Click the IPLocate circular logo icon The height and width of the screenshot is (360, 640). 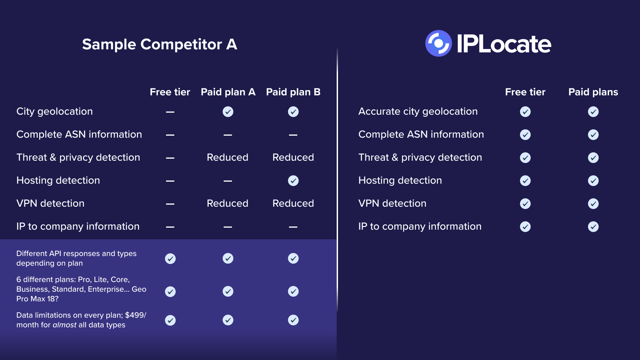[x=439, y=43]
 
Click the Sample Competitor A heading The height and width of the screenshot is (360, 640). [x=160, y=44]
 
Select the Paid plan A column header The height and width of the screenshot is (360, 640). [x=228, y=92]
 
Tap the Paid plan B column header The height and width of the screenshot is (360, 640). [x=293, y=92]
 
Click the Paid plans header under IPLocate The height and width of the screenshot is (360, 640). [x=593, y=92]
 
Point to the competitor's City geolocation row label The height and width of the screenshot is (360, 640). [x=55, y=112]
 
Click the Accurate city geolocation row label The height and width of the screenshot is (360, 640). [x=418, y=112]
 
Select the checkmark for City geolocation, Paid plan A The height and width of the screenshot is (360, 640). [x=228, y=112]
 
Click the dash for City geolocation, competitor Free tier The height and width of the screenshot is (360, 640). [x=170, y=112]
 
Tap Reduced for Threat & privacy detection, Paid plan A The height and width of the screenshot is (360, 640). [x=228, y=157]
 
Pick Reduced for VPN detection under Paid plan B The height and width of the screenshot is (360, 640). [x=293, y=203]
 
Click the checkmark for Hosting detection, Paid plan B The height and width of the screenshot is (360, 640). [x=293, y=181]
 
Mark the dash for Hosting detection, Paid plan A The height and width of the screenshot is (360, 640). [x=228, y=181]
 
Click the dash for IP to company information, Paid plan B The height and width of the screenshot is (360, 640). [x=293, y=227]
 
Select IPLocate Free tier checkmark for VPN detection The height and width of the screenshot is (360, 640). [x=525, y=204]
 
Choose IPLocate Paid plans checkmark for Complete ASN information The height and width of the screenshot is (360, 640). [x=593, y=135]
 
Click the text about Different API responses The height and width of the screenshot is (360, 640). [x=76, y=258]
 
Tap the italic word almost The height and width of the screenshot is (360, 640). [x=65, y=325]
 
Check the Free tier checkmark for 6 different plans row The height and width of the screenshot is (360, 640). [x=170, y=292]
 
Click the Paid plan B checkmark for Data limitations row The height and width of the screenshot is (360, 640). [x=293, y=320]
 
